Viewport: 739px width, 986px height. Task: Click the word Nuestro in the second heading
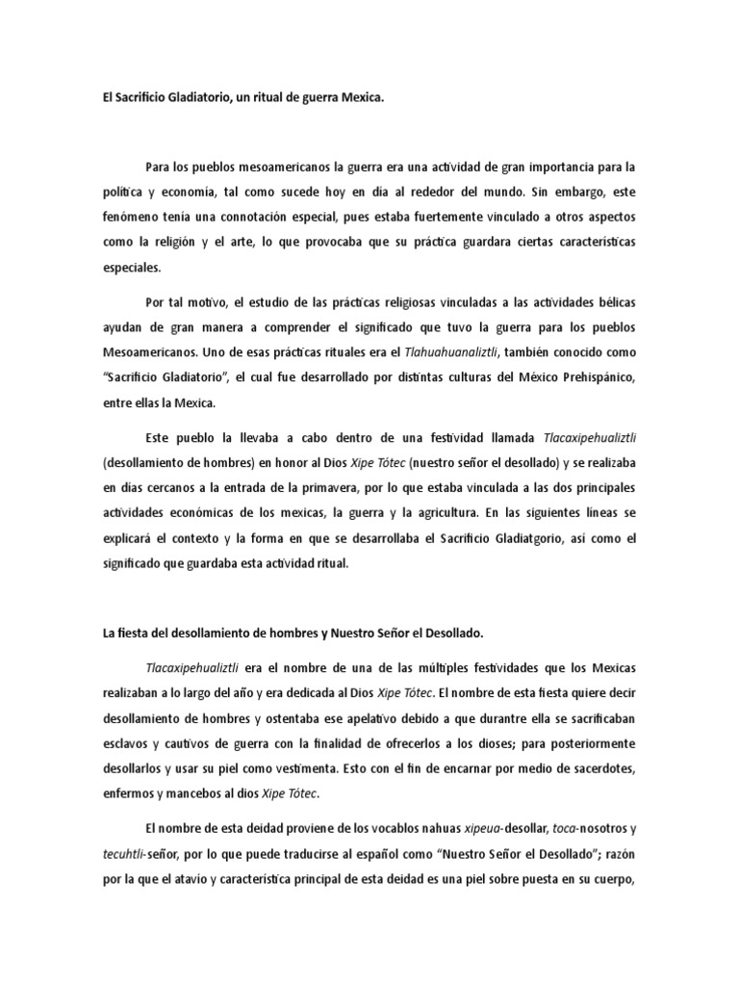click(x=357, y=634)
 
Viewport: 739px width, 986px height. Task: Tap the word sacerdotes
click(x=601, y=768)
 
